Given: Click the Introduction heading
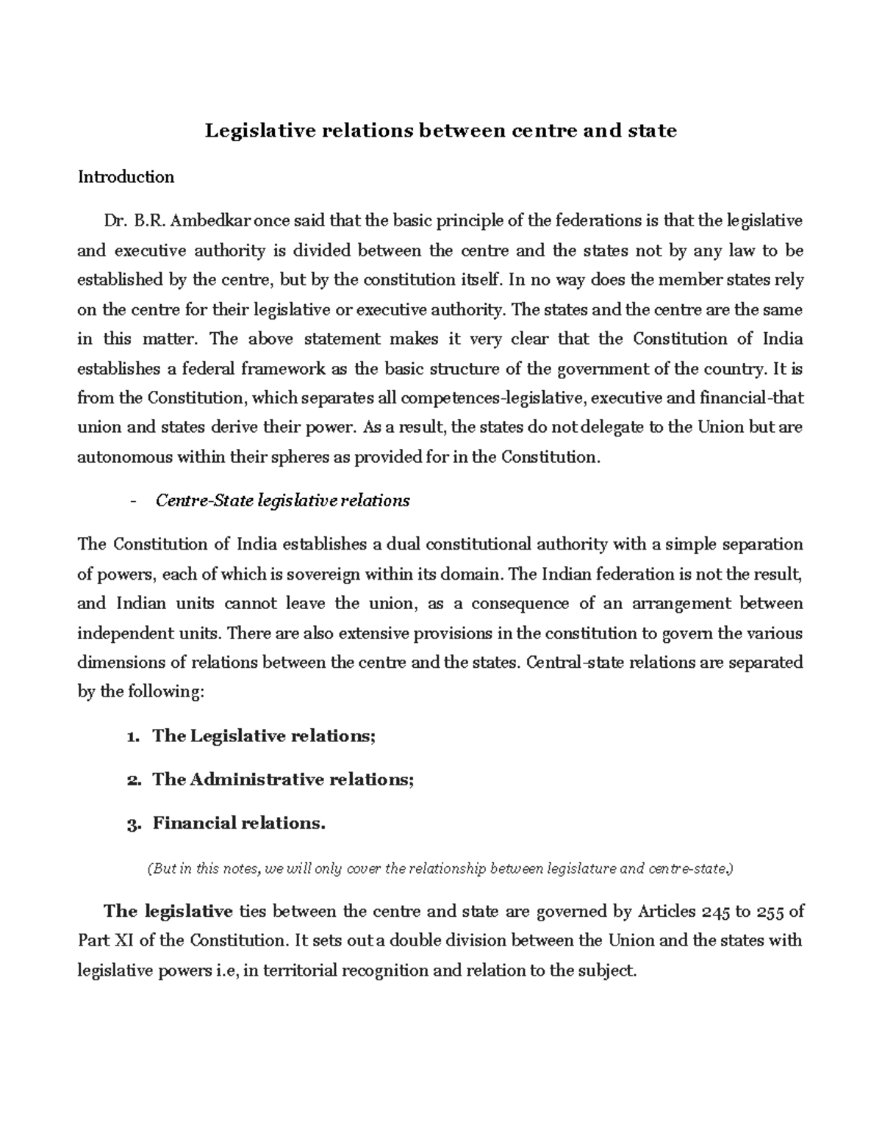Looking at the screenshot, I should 126,177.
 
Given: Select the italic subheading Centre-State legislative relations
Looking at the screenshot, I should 283,501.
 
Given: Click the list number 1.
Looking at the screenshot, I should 132,737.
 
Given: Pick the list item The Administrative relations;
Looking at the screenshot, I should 283,780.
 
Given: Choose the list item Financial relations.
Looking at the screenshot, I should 239,824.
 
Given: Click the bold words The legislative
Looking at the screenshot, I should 168,912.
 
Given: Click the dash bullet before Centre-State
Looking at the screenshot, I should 132,501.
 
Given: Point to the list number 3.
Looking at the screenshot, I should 132,824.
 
